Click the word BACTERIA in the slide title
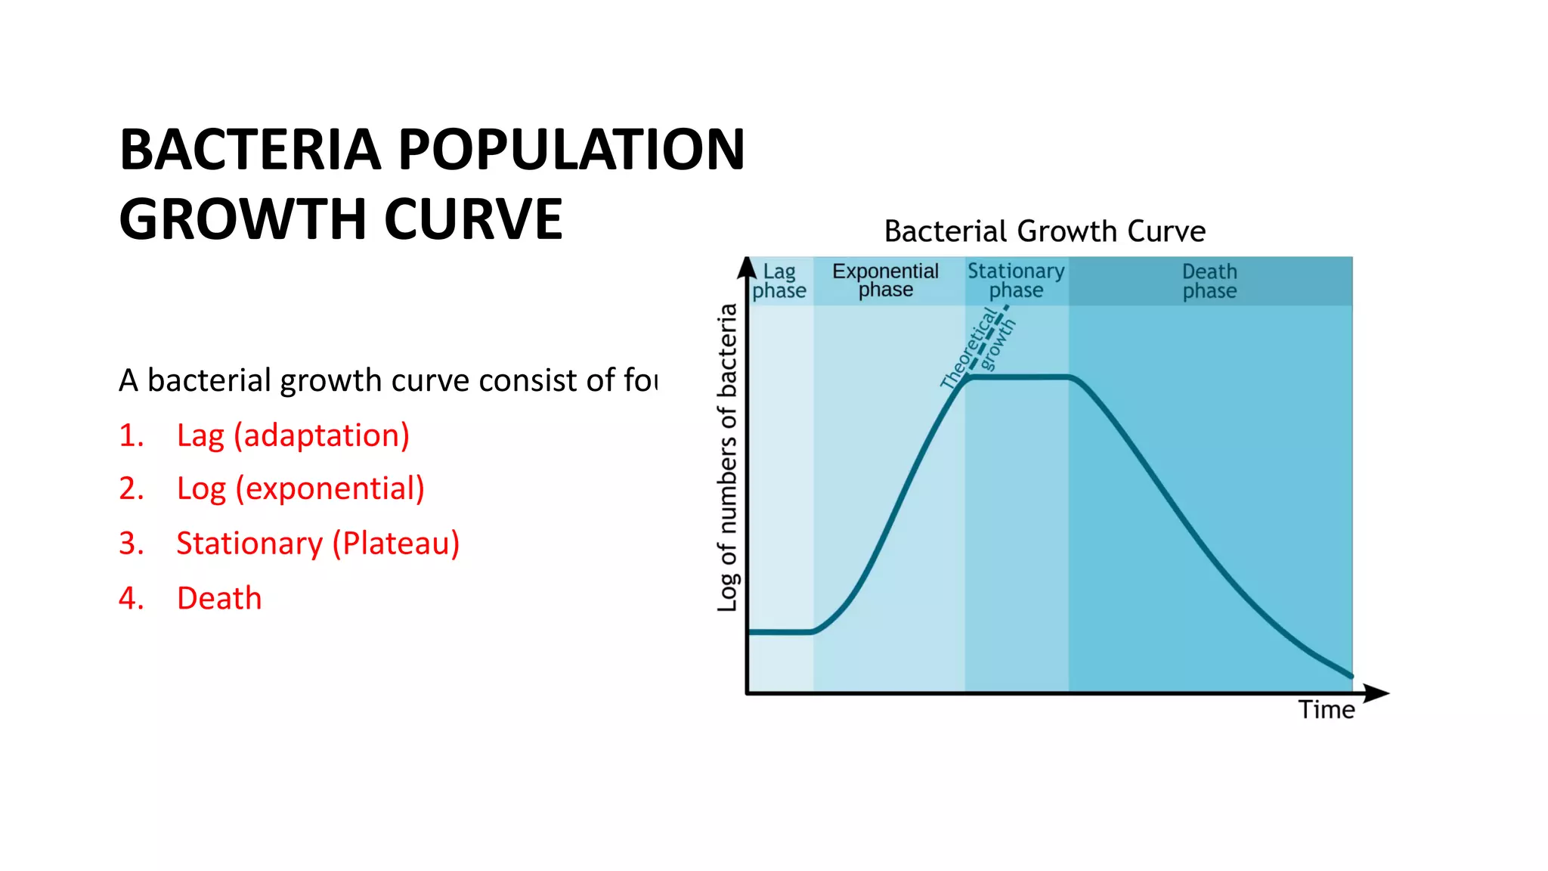[x=250, y=150]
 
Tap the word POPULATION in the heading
[x=571, y=150]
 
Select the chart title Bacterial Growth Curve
[x=1045, y=231]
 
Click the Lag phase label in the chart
[x=779, y=281]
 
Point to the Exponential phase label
[x=885, y=281]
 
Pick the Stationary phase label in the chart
[x=1016, y=281]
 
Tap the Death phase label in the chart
[x=1209, y=281]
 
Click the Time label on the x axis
[x=1327, y=710]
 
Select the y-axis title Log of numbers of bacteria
[x=727, y=457]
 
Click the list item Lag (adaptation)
[x=293, y=435]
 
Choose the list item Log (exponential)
[x=300, y=489]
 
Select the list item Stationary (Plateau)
[x=317, y=544]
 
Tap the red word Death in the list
[x=219, y=598]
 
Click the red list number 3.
[x=131, y=544]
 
